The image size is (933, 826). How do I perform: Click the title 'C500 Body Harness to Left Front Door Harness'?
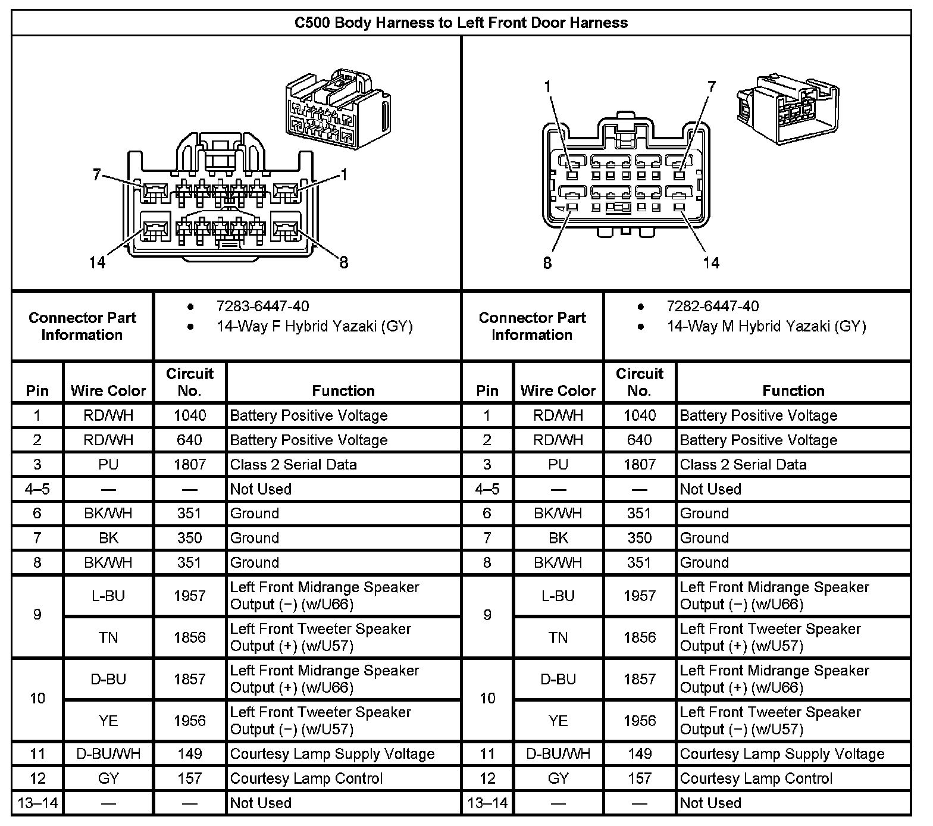point(461,23)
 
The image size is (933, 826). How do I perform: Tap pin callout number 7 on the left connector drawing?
point(97,175)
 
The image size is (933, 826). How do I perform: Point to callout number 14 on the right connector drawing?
point(711,262)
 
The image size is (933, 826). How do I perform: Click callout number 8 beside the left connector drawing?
point(343,262)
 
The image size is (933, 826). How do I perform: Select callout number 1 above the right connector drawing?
point(547,87)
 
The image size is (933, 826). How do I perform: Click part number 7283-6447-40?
point(262,306)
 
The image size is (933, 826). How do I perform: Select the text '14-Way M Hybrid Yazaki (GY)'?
point(766,326)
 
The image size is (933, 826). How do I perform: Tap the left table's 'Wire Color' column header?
point(108,390)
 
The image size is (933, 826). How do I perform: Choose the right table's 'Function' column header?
point(793,390)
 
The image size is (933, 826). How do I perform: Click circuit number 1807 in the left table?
point(190,464)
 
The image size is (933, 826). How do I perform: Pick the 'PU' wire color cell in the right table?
point(558,464)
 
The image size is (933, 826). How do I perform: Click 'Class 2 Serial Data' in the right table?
point(743,464)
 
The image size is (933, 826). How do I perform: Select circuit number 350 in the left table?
point(190,538)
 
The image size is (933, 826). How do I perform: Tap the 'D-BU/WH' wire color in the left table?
point(108,754)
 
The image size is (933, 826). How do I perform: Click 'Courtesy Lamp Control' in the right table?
point(756,778)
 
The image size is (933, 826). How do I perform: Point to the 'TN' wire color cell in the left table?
point(108,638)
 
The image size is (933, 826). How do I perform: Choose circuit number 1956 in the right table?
point(640,721)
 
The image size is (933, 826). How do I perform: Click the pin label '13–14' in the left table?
point(37,803)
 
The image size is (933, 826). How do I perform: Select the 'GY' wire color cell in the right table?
point(558,778)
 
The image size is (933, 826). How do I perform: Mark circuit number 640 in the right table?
point(640,440)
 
